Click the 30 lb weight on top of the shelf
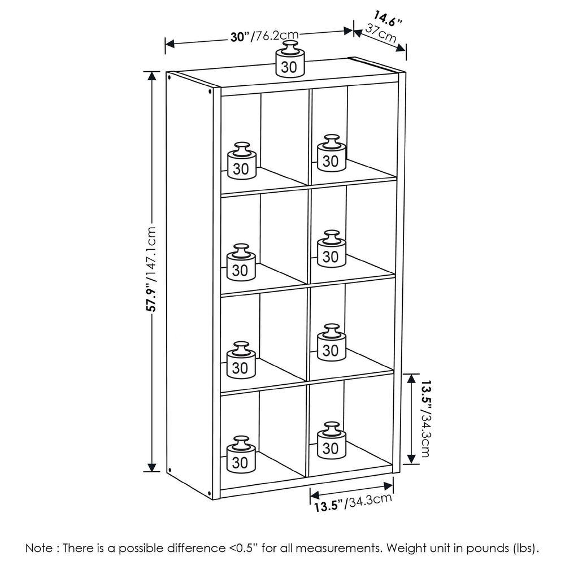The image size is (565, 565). click(290, 59)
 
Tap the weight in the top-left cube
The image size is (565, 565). click(242, 159)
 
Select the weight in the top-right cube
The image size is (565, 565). click(331, 154)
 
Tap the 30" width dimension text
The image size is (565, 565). click(239, 37)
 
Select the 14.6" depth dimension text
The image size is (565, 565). click(387, 19)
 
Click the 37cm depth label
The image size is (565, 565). click(380, 34)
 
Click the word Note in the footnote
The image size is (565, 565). click(40, 548)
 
